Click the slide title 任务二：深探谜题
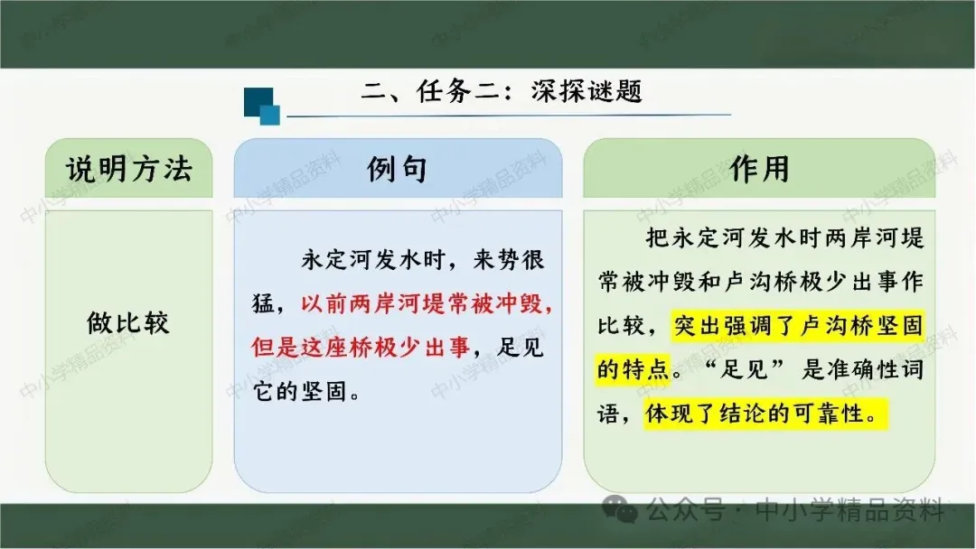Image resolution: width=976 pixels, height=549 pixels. pos(529,91)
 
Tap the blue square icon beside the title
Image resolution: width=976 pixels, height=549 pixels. pos(261,106)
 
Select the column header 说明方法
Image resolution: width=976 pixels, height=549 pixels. pos(129,169)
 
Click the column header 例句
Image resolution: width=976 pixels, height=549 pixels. pos(397,169)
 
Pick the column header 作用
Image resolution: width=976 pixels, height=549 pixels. pos(759,169)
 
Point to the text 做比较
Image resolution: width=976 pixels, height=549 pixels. pos(128,322)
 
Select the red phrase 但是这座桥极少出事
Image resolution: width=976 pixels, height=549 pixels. pos(361,347)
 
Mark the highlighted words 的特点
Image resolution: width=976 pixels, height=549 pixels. pos(633,369)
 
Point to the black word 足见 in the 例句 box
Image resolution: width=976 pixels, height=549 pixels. pos(521,347)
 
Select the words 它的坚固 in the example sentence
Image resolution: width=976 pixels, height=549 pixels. pos(300,392)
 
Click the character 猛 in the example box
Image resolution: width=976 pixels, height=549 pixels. pos(263,303)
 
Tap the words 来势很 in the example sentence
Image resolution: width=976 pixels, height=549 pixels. pos(509,259)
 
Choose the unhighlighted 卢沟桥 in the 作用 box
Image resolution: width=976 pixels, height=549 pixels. pos(761,282)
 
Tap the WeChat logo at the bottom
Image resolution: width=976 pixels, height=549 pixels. pos(620,510)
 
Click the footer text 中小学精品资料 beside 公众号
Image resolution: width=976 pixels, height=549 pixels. pos(849,510)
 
